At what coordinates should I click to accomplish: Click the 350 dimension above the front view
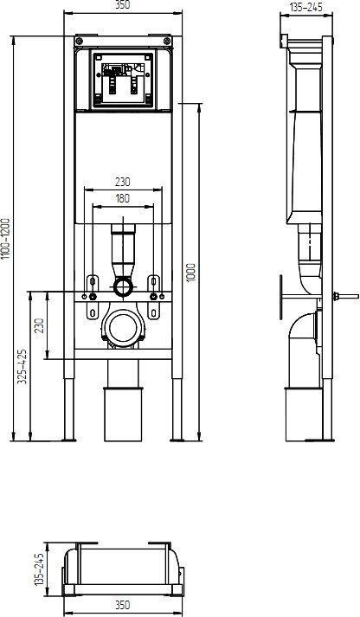[x=123, y=5]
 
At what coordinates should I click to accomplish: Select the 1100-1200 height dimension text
[x=5, y=239]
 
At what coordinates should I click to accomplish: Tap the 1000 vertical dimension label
[x=191, y=273]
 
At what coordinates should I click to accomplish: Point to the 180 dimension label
[x=123, y=198]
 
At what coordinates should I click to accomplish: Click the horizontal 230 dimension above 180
[x=123, y=183]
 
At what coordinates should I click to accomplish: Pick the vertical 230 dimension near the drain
[x=39, y=325]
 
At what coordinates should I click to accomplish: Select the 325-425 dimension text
[x=22, y=366]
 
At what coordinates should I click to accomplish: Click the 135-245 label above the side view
[x=306, y=7]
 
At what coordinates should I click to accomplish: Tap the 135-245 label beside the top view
[x=39, y=569]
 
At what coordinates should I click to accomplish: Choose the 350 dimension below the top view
[x=123, y=604]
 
